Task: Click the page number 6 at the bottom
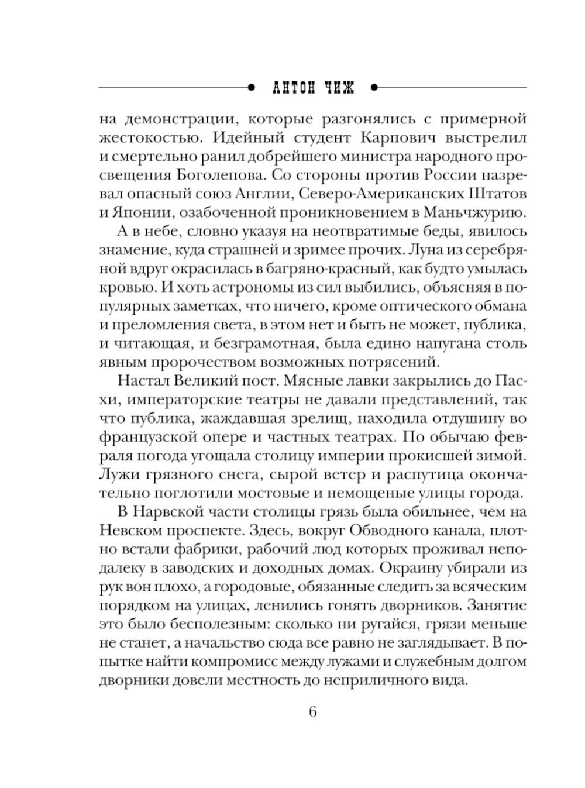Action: (x=312, y=712)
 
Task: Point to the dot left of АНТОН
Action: (x=252, y=88)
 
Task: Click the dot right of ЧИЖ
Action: (x=374, y=88)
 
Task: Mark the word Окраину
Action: (x=425, y=567)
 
